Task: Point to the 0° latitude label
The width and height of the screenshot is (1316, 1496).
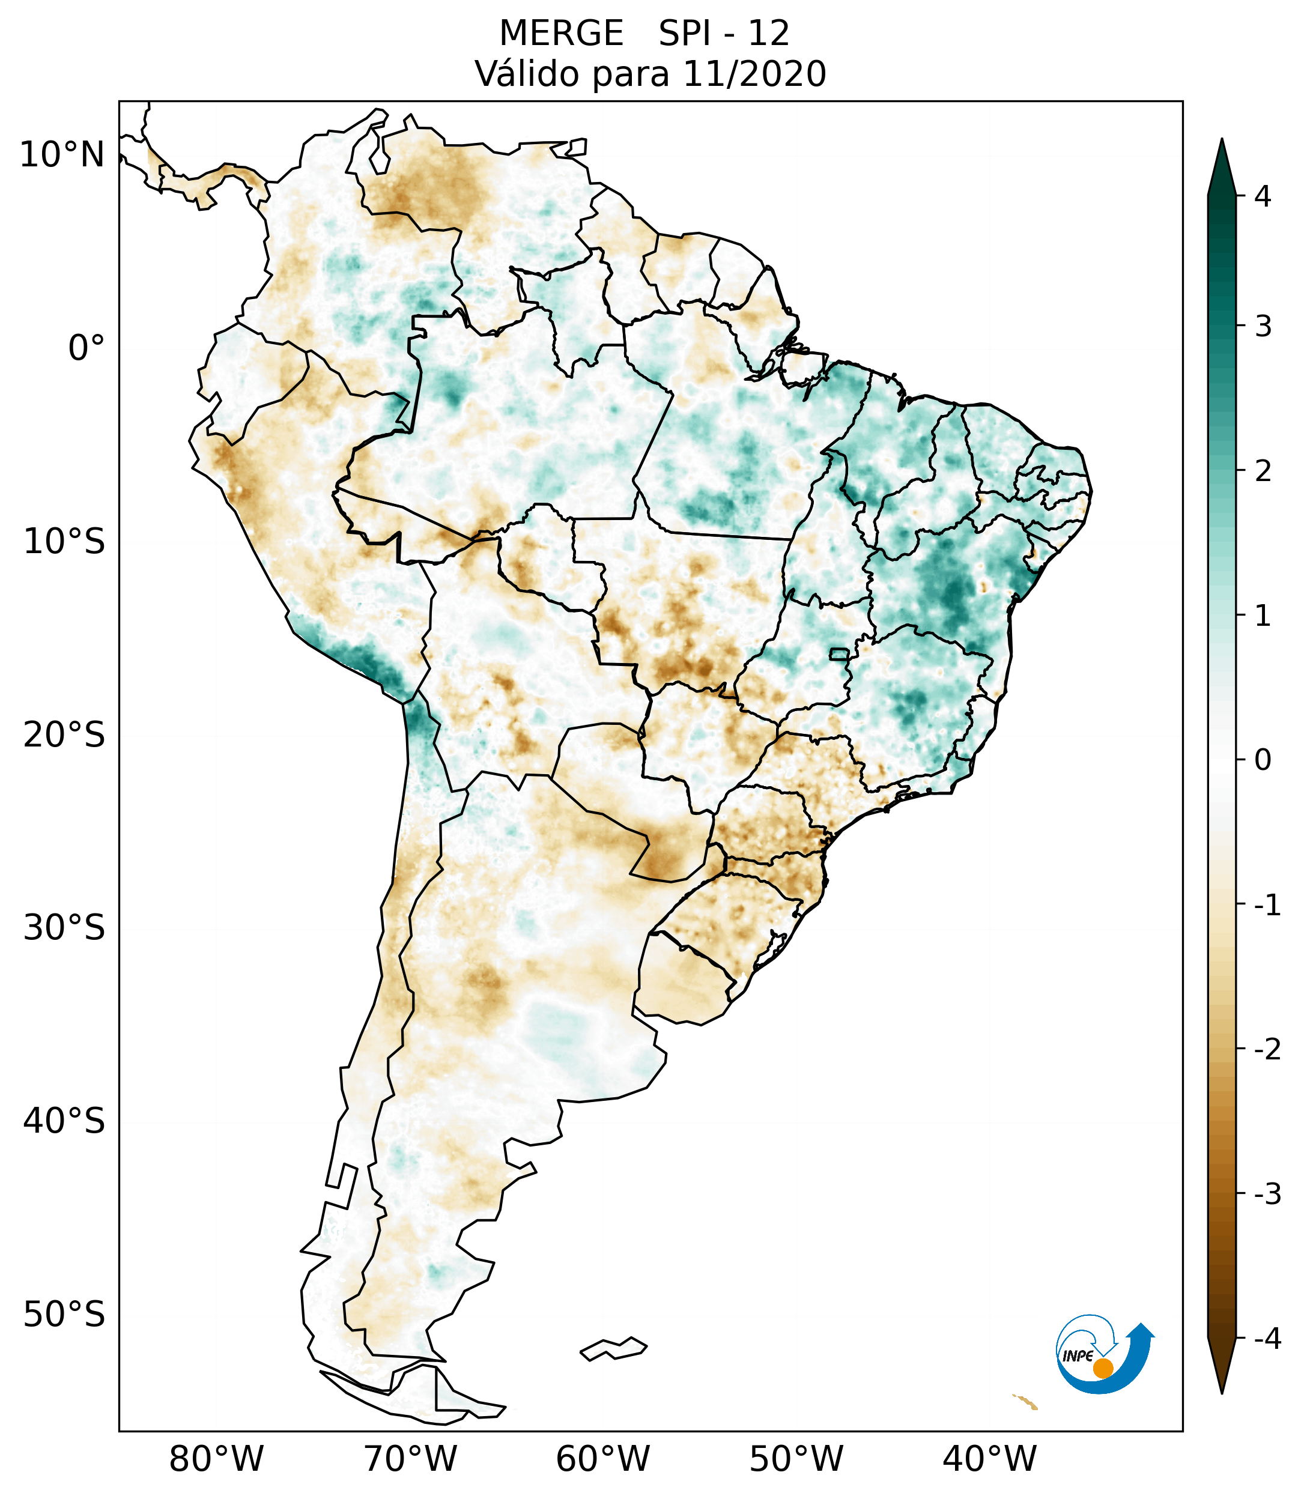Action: tap(86, 348)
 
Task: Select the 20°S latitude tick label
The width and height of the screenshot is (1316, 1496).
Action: tap(64, 735)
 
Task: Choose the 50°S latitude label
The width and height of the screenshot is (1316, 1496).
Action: tap(64, 1315)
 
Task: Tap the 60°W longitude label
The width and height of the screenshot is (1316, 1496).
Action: tap(602, 1459)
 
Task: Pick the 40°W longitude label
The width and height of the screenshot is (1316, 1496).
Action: tap(990, 1459)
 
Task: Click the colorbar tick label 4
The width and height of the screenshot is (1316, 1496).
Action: tap(1263, 196)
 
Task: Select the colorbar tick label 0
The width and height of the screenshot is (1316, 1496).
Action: tap(1263, 760)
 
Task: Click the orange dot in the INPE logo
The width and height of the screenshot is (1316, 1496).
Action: tap(1102, 1368)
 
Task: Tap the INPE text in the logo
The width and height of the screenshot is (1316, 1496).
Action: tap(1078, 1356)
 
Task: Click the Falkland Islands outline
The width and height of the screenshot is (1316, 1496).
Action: tap(613, 1348)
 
